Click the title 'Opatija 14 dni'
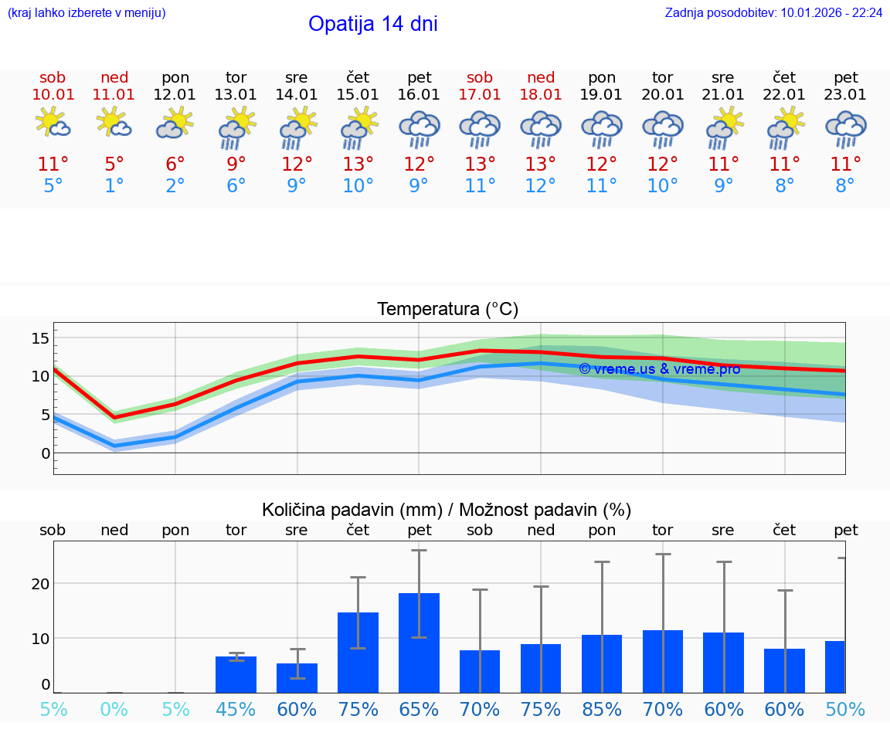(x=372, y=24)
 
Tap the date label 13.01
(x=236, y=94)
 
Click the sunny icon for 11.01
(x=114, y=122)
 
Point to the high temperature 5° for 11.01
(x=114, y=164)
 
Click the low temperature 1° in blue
(x=114, y=186)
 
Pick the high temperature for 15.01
(x=358, y=164)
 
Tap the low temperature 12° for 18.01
(x=540, y=186)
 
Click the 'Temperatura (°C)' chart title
(x=447, y=310)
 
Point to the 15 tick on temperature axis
(x=40, y=338)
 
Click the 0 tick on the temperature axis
(x=45, y=453)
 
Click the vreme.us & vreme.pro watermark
(x=659, y=369)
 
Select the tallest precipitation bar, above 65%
(x=419, y=643)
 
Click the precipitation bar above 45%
(x=236, y=674)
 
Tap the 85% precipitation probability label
(x=602, y=710)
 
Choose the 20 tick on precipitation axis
(x=40, y=583)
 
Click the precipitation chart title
(x=447, y=510)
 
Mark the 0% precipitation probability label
(x=114, y=710)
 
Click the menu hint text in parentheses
(x=87, y=12)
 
